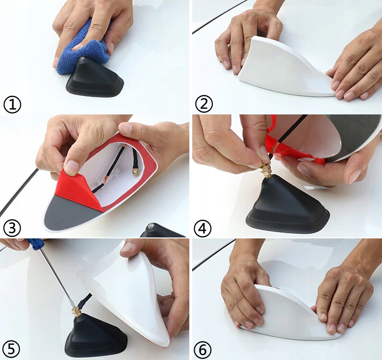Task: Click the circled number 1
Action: coord(12,104)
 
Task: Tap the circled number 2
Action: coord(204,103)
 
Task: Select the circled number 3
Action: coord(12,228)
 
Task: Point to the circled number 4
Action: coord(203,228)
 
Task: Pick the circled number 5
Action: coord(11,349)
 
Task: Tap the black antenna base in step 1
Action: coord(95,78)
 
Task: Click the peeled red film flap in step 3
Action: coord(78,190)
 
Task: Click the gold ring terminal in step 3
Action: coord(135,172)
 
